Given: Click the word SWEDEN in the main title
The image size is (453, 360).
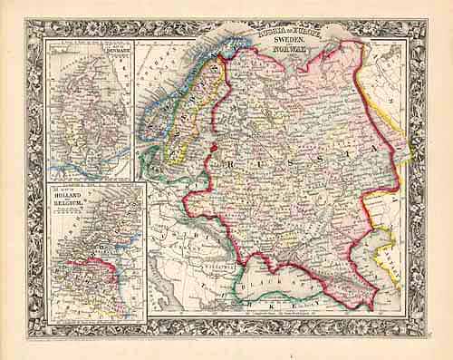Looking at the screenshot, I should point(280,41).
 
